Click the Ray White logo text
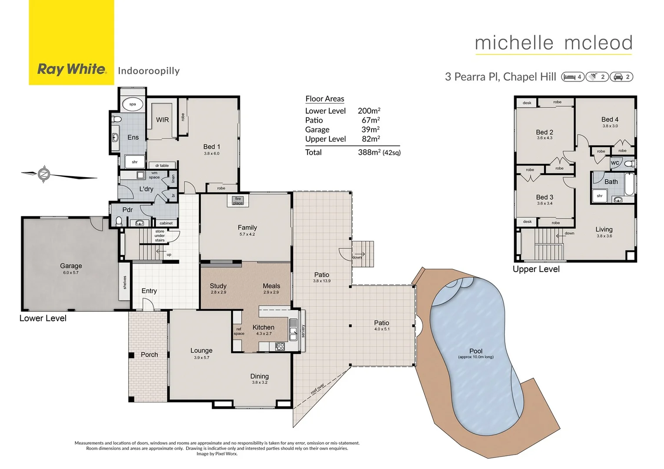pyautogui.click(x=72, y=69)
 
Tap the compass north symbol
pyautogui.click(x=44, y=175)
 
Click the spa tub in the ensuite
pyautogui.click(x=133, y=104)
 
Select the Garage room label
pyautogui.click(x=71, y=266)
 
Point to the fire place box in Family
pyautogui.click(x=238, y=201)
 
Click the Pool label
pyautogui.click(x=476, y=351)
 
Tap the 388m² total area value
pyautogui.click(x=369, y=152)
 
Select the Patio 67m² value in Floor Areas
pyautogui.click(x=371, y=120)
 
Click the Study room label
pyautogui.click(x=218, y=286)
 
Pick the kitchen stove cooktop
pyautogui.click(x=279, y=347)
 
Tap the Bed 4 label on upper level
pyautogui.click(x=610, y=119)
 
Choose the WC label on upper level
pyautogui.click(x=615, y=163)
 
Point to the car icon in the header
pyautogui.click(x=618, y=77)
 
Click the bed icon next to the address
pyautogui.click(x=569, y=77)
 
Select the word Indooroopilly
pyautogui.click(x=149, y=71)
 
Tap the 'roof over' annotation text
pyautogui.click(x=318, y=389)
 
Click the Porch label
pyautogui.click(x=149, y=355)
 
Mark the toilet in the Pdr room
pyautogui.click(x=119, y=221)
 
